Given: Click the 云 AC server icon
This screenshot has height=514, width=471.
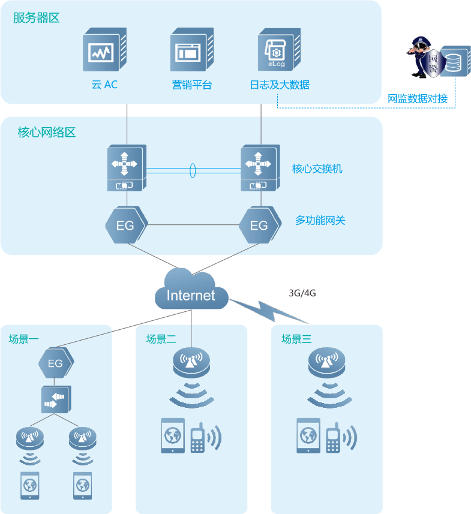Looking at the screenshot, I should click(x=104, y=51).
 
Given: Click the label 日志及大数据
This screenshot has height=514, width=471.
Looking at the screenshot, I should click(x=280, y=85).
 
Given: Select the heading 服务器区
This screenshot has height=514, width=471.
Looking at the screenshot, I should click(x=37, y=17).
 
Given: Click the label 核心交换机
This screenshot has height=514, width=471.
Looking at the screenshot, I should click(x=317, y=169).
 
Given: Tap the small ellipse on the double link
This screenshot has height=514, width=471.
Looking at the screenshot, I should click(x=193, y=170).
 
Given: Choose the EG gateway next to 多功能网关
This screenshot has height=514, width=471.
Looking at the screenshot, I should click(x=260, y=226).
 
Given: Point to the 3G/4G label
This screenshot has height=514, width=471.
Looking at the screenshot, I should click(x=302, y=293).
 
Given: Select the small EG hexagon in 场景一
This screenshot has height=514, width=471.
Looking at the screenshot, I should click(x=56, y=363).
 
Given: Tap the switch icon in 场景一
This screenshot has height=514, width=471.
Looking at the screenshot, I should click(x=56, y=399).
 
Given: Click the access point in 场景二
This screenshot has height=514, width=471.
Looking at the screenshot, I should click(x=191, y=362).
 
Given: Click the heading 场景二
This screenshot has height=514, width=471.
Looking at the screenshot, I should click(x=161, y=339).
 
